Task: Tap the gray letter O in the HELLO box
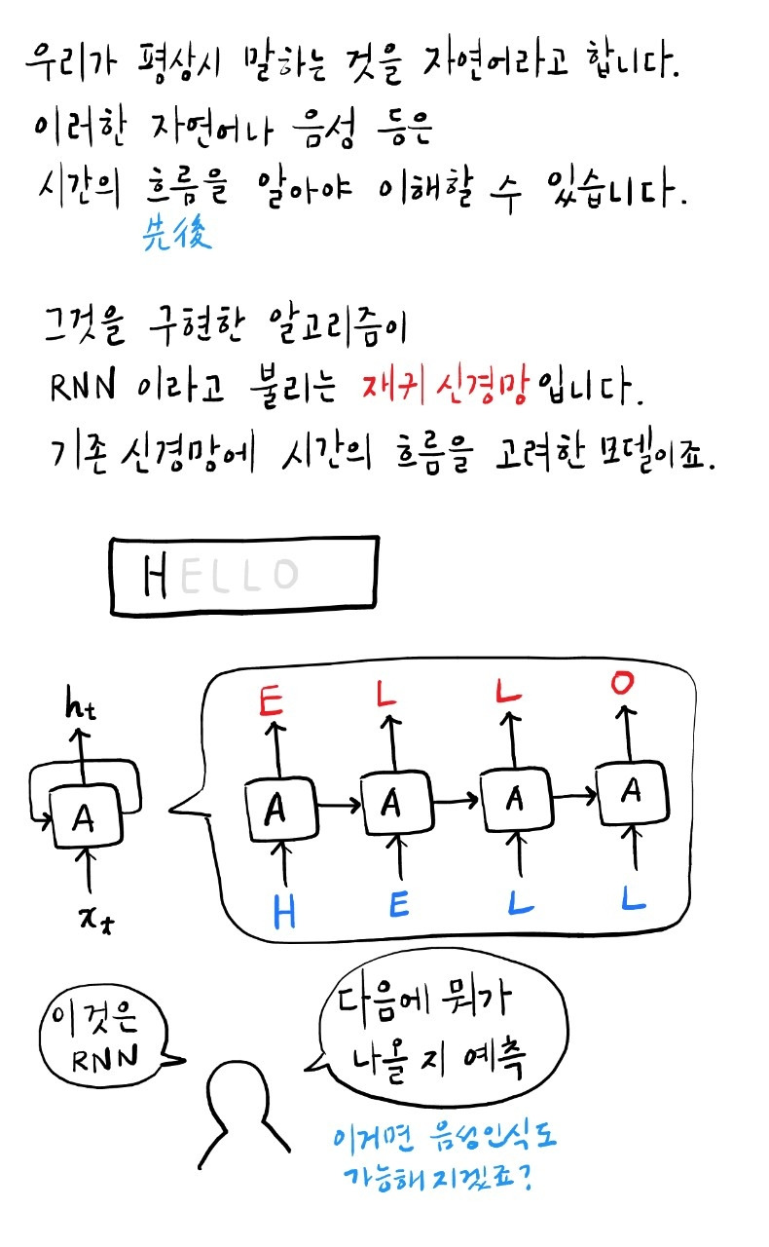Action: tap(284, 575)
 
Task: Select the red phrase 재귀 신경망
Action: tap(447, 390)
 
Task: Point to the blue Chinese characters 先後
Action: tap(176, 235)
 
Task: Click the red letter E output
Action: tap(272, 702)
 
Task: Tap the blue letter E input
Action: tap(399, 907)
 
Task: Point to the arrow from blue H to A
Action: tap(283, 862)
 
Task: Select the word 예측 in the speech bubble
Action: tap(495, 1061)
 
